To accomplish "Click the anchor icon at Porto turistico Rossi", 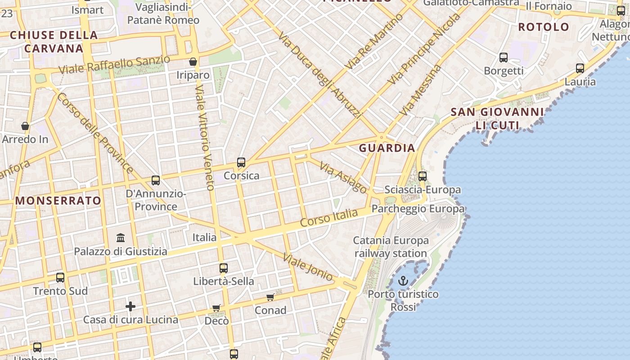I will coord(403,281).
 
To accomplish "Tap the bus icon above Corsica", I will coord(241,162).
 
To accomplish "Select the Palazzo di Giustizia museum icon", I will coord(121,238).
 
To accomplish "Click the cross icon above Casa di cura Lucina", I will coord(130,306).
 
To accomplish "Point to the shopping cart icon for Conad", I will coord(270,297).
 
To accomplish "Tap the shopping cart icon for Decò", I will coord(216,308).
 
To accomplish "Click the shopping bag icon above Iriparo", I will coord(193,62).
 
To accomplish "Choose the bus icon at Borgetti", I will coord(504,58).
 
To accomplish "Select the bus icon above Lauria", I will coord(580,68).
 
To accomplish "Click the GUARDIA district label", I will coord(387,148).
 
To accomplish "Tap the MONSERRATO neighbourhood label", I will coord(58,201).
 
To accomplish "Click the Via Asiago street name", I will coord(343,177).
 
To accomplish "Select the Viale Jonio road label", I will coord(308,267).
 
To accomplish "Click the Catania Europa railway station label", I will coord(391,247).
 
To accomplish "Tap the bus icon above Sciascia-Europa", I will coord(423,176).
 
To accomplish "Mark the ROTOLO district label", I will coord(544,27).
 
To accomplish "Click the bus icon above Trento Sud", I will coord(60,278).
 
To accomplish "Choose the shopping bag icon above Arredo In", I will coord(25,126).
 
